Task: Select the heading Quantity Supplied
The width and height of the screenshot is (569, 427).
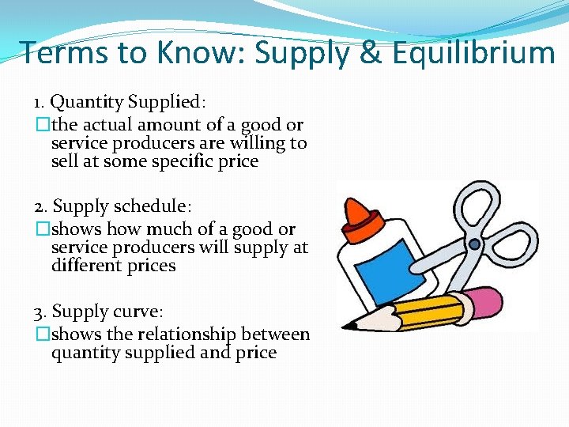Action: (x=126, y=102)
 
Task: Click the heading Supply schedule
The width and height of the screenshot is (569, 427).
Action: (x=122, y=206)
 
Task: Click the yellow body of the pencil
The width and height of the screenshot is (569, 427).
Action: (x=419, y=312)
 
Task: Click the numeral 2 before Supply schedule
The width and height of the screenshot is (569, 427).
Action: (x=39, y=206)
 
